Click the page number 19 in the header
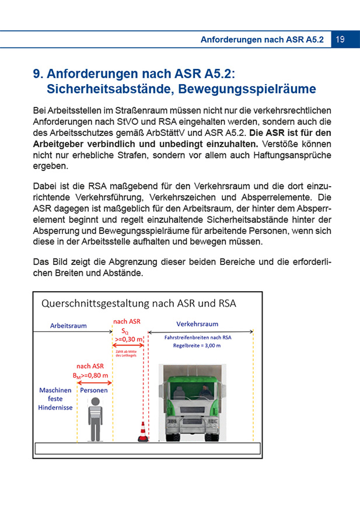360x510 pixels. coord(340,39)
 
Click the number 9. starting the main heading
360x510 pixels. coord(39,74)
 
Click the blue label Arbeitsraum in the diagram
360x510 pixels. coord(69,325)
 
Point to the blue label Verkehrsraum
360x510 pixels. coord(197,324)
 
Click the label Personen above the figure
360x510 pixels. coord(93,390)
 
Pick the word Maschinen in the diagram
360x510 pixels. coord(55,390)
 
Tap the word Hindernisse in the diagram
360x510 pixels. coord(56,407)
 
